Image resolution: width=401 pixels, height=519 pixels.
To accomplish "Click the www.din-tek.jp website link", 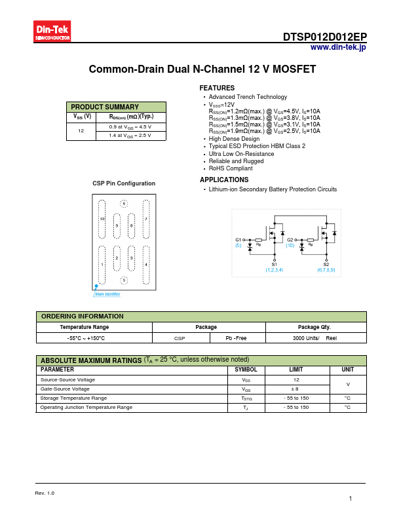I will coord(338,47).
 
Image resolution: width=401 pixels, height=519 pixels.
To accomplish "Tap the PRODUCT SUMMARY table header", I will coord(105,107).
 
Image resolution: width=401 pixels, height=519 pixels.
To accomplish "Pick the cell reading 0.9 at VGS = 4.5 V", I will coord(130,126).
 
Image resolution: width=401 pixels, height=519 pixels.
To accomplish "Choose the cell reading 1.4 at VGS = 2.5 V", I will coord(130,135).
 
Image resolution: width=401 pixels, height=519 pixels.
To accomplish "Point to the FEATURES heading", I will coord(217,88).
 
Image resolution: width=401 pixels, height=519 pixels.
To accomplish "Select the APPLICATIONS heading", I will coord(224,180).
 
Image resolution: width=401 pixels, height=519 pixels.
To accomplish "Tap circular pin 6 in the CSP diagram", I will coord(124,204).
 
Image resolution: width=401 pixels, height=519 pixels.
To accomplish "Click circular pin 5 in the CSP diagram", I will coord(124,280).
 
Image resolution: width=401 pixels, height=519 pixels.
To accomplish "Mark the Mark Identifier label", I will coord(107,294).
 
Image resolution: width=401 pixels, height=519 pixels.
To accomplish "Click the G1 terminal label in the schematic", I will coord(238,240).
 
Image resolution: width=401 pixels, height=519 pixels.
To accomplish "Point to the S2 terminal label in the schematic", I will coord(326,264).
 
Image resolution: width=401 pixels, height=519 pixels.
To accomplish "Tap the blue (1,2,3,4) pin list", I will coord(275,270).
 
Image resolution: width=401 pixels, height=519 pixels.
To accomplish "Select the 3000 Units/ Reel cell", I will coord(315,337).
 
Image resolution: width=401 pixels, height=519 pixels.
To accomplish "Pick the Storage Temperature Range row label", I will coord(73,398).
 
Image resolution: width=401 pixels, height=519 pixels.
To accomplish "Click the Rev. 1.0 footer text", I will coord(45,493).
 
